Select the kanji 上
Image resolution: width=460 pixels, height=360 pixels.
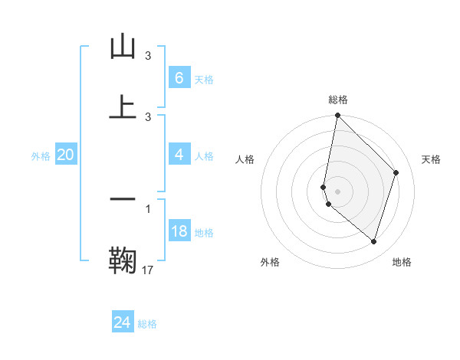tap(123, 106)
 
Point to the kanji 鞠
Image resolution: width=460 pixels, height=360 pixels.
tap(123, 260)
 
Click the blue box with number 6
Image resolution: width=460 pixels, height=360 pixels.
tap(179, 78)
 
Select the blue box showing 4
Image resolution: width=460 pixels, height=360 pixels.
tap(179, 155)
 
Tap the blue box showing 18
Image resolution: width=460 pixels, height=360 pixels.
tap(179, 231)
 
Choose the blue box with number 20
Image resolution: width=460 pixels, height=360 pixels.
tap(65, 155)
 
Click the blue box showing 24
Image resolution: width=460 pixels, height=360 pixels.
tap(123, 322)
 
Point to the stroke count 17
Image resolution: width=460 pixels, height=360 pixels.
tap(148, 270)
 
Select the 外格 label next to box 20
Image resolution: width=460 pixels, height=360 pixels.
tap(41, 156)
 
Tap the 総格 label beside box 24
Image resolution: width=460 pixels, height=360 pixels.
tap(147, 324)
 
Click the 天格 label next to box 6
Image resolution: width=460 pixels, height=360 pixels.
tap(204, 80)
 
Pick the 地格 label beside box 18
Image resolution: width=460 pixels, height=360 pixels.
tap(204, 233)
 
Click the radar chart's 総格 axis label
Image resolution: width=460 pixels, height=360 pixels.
tap(338, 100)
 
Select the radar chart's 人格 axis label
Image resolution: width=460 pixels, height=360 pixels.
tap(245, 159)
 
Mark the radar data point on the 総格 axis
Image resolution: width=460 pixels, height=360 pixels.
tap(337, 115)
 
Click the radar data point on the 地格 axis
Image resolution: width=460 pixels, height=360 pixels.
tap(373, 242)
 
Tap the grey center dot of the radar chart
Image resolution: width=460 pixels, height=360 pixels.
tap(337, 191)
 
